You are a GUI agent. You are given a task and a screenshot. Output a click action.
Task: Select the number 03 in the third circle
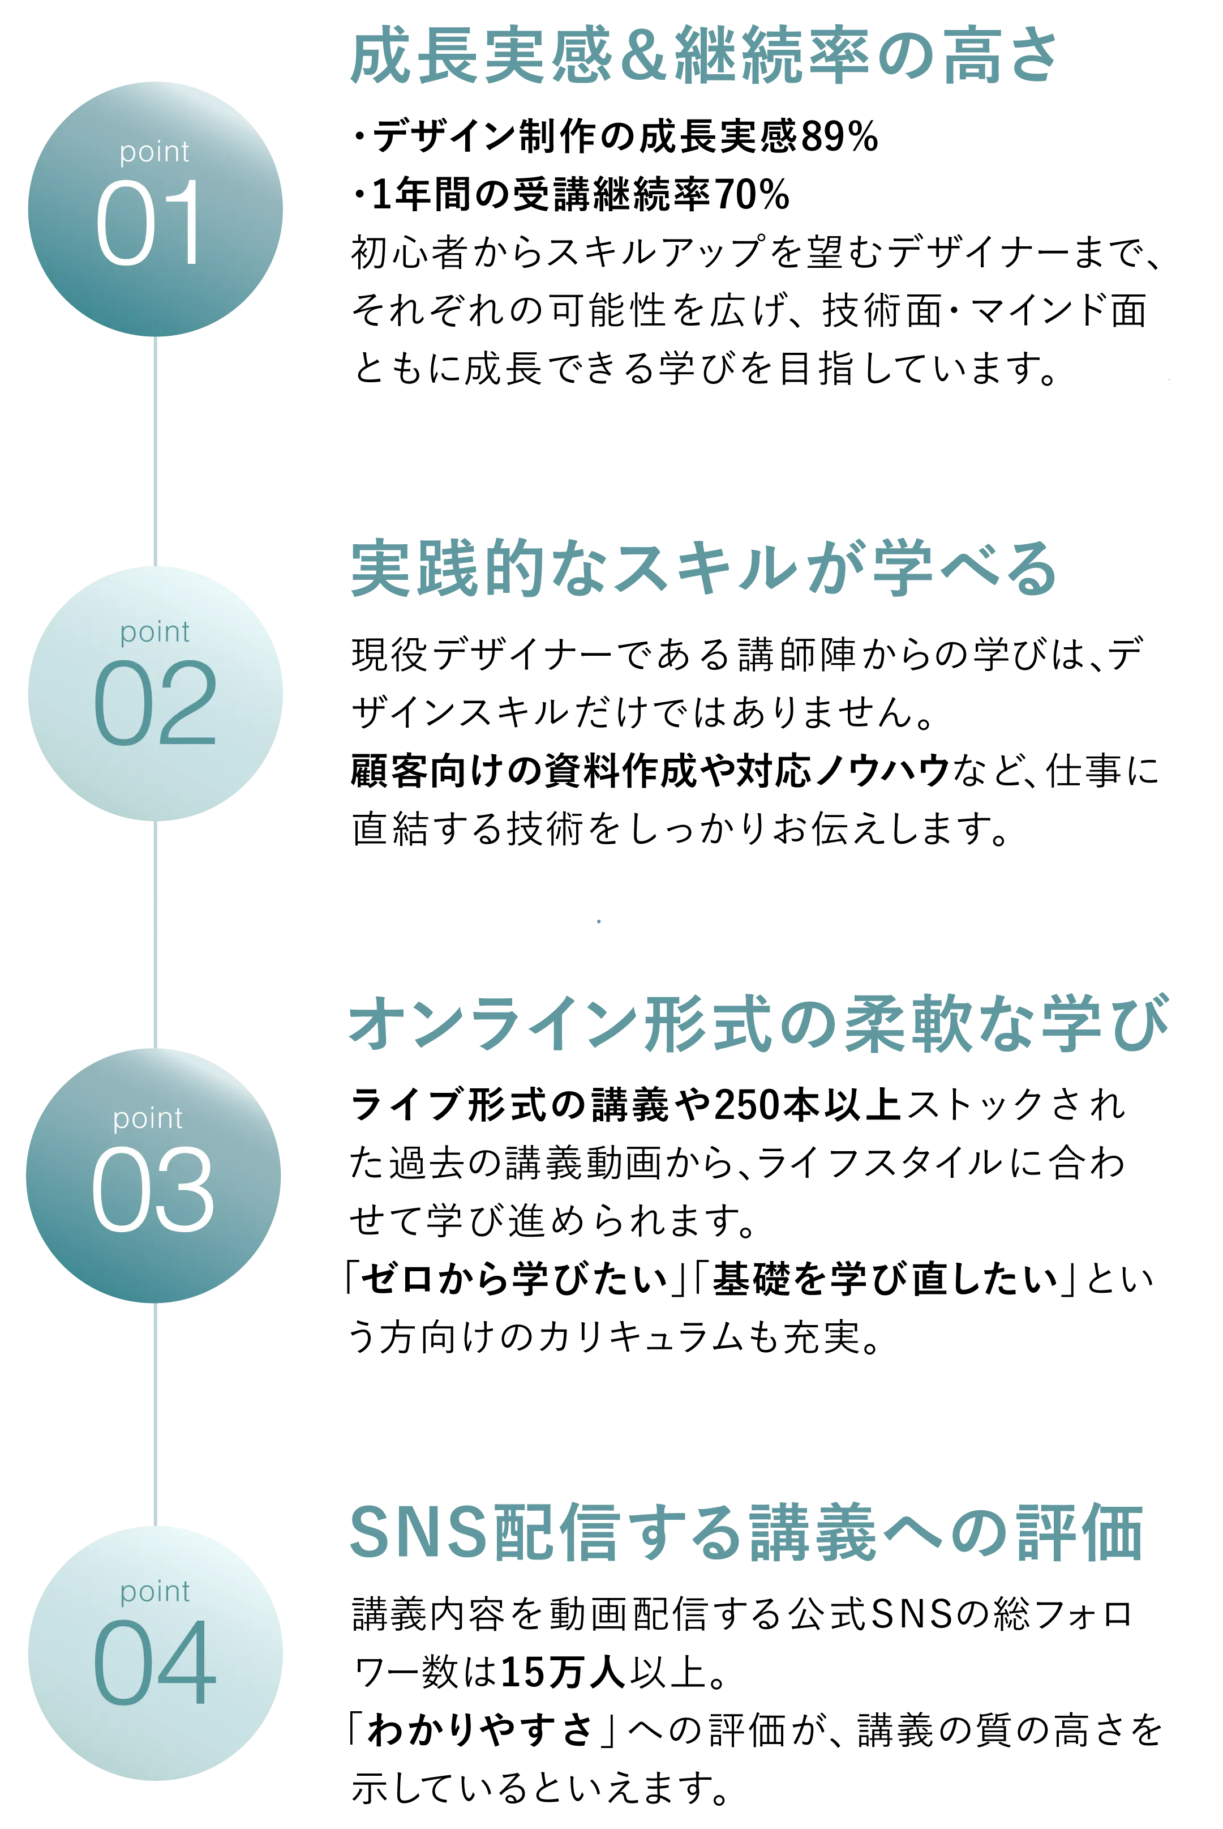[153, 1189]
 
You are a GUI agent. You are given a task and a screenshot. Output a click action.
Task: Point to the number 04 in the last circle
[155, 1662]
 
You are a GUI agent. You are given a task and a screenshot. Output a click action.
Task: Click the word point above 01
[155, 151]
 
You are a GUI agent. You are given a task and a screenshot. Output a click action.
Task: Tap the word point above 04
[155, 1592]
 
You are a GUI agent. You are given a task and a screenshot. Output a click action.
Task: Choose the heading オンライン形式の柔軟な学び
[759, 1023]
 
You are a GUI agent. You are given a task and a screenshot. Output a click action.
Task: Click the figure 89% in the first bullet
[839, 136]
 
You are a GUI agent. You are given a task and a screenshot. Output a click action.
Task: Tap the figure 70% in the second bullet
[751, 194]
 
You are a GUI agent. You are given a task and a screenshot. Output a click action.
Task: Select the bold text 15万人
[563, 1672]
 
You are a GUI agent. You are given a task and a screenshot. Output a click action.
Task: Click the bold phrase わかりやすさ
[480, 1730]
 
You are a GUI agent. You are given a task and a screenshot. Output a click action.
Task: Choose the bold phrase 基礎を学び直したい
[885, 1279]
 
